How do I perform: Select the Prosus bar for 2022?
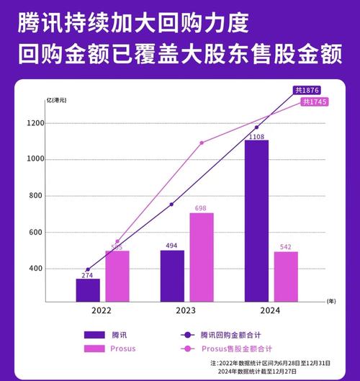[117, 276]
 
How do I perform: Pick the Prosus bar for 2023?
[202, 256]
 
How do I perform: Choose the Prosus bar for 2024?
[286, 276]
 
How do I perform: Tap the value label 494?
[172, 245]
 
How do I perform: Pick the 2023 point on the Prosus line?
[201, 143]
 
